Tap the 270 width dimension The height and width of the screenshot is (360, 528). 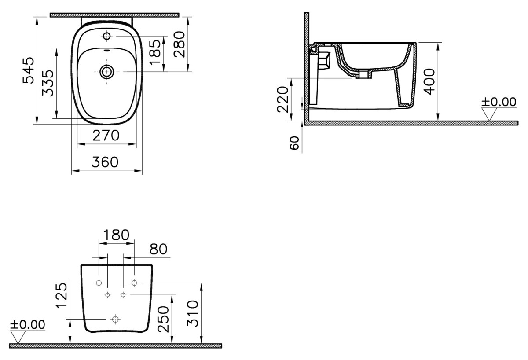pos(106,136)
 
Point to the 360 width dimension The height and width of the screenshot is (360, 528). pos(106,162)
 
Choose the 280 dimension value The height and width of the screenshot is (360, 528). pos(179,44)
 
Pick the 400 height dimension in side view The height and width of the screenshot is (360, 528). pos(429,81)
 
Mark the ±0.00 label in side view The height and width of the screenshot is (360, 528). pos(499,102)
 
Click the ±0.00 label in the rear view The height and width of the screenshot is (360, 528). pos(28,325)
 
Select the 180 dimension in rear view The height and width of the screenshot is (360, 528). pos(115,235)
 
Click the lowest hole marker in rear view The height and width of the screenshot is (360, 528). pos(115,318)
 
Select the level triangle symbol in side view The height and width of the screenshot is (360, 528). pos(489,114)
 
